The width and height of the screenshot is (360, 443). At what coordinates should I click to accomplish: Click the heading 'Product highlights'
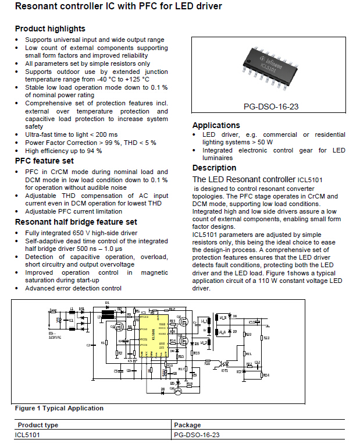click(x=50, y=29)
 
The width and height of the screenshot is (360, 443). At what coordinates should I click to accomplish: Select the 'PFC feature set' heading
click(x=44, y=161)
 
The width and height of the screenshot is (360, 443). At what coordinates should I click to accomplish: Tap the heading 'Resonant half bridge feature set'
click(x=76, y=222)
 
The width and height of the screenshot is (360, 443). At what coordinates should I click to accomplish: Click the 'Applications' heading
click(x=216, y=125)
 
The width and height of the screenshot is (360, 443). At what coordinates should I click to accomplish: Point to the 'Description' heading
click(x=214, y=168)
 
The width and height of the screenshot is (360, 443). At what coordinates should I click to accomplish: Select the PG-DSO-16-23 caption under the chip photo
click(x=270, y=107)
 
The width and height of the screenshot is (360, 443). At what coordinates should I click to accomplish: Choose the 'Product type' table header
click(x=38, y=425)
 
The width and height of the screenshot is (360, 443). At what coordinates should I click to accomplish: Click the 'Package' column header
click(x=187, y=425)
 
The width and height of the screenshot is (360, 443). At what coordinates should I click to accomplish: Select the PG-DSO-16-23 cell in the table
click(x=197, y=435)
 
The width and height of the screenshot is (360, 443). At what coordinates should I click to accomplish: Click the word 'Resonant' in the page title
click(x=35, y=8)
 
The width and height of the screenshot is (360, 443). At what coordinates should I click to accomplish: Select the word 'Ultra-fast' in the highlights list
click(x=40, y=134)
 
